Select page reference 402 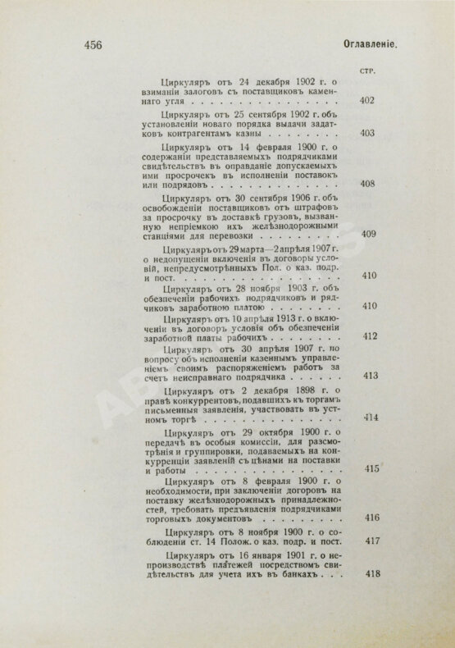pyautogui.click(x=367, y=101)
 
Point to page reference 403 pyautogui.click(x=367, y=133)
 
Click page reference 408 pyautogui.click(x=367, y=183)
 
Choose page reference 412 pyautogui.click(x=367, y=336)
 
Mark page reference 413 pyautogui.click(x=367, y=376)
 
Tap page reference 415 pyautogui.click(x=367, y=468)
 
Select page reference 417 pyautogui.click(x=367, y=541)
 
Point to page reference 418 pyautogui.click(x=367, y=572)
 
